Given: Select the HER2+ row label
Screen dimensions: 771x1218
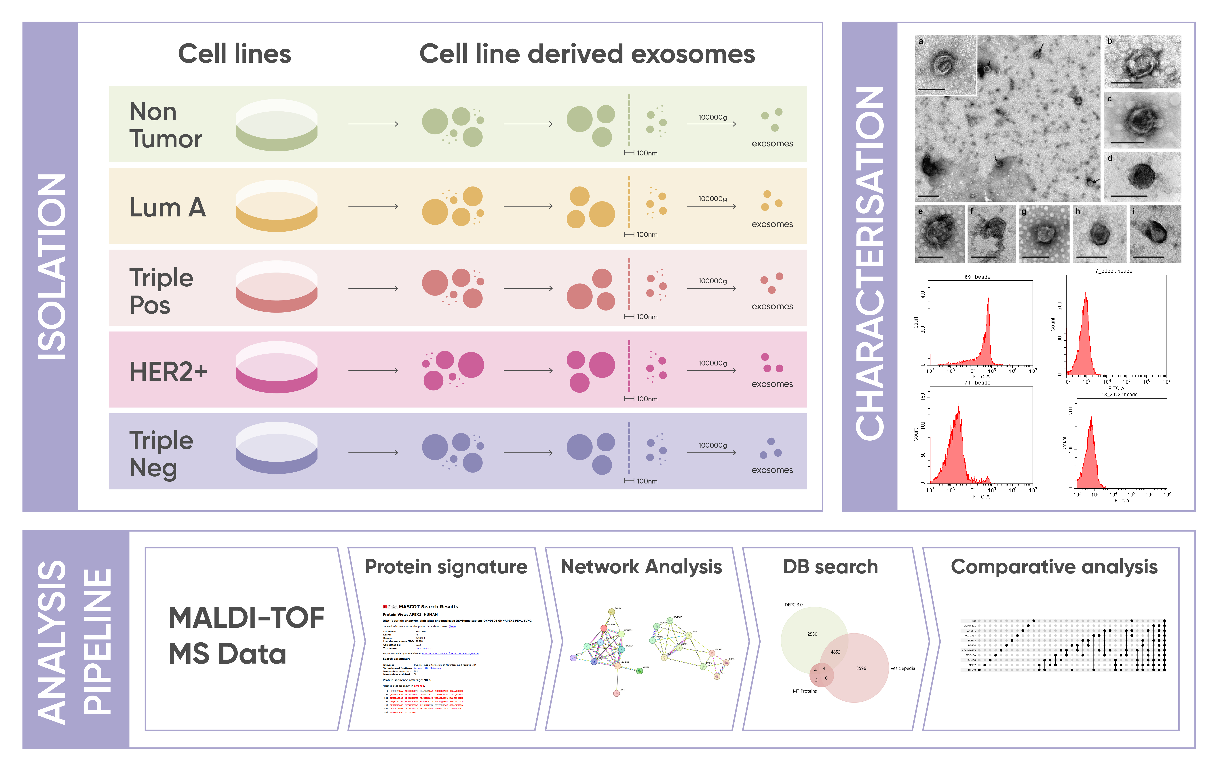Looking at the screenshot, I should (168, 372).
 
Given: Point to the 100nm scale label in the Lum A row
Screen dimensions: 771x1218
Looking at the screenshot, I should (647, 235).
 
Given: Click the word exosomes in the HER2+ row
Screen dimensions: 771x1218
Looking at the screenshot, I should (772, 384).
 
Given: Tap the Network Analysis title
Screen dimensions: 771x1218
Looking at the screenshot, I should (641, 567).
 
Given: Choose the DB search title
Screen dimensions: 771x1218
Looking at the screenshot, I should (830, 567).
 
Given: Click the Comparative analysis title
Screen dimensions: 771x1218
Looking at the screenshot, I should (1054, 567).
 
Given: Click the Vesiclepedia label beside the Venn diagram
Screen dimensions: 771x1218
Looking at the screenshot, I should (902, 668).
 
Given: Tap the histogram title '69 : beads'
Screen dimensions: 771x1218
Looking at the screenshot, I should (977, 277).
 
